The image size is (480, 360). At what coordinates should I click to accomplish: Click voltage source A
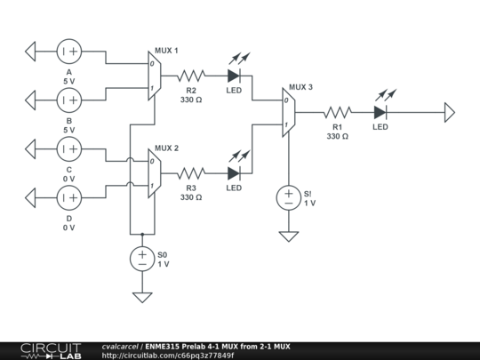69,52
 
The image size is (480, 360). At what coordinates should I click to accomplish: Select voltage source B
69,100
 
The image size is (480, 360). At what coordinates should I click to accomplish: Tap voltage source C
69,148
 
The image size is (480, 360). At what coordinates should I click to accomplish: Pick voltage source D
69,196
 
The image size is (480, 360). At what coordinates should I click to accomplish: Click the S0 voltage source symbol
141,258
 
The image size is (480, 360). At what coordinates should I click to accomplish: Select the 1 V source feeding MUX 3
288,196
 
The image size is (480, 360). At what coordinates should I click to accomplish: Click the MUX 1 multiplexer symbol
153,76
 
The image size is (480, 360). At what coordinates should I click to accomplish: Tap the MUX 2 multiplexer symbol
153,172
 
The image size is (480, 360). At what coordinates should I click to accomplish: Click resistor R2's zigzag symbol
191,76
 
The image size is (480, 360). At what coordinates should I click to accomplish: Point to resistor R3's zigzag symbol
191,172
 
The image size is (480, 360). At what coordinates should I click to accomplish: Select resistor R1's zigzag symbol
337,112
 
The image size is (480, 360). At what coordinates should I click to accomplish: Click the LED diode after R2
235,76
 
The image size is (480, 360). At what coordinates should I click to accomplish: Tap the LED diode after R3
235,172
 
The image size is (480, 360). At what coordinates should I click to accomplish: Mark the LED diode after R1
380,112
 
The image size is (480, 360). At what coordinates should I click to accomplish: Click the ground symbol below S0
141,297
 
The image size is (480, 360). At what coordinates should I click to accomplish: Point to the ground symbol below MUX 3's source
288,236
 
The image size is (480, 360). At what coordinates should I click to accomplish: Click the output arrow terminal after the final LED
450,112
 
